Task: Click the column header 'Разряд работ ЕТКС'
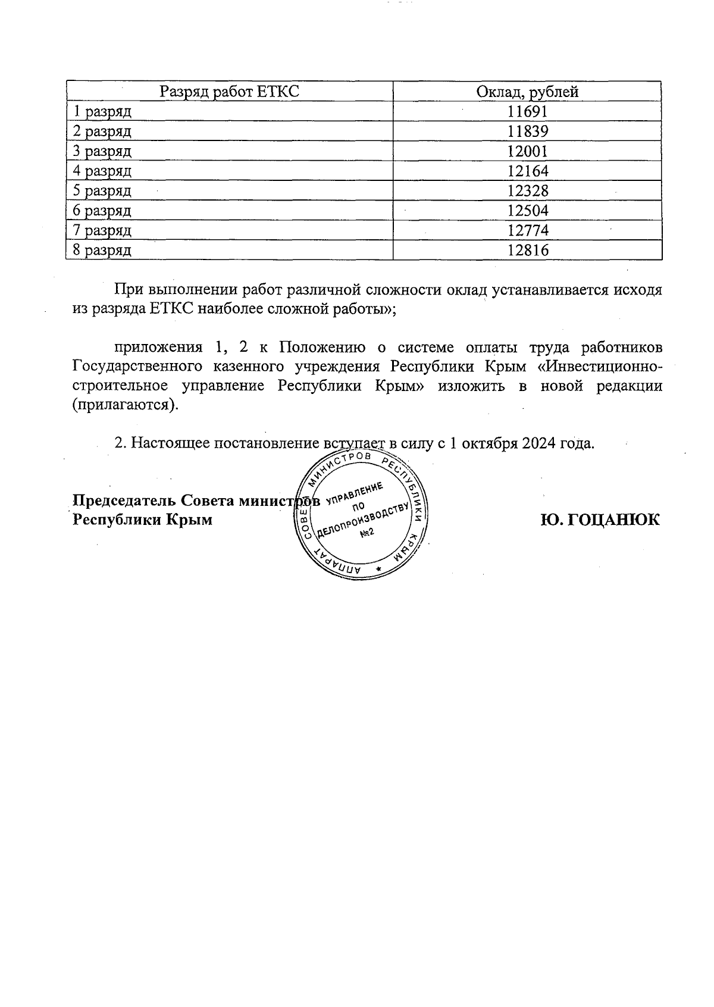coord(229,92)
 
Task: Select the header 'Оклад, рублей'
coord(527,92)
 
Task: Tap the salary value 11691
coord(527,111)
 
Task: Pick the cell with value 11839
coord(527,131)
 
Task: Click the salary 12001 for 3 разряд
coord(527,151)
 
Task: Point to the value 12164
coord(527,171)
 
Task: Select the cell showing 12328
coord(527,190)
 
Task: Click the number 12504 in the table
coord(527,211)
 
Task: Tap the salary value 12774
coord(527,230)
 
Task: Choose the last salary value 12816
coord(527,250)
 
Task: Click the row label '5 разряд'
coord(102,191)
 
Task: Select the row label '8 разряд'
coord(102,251)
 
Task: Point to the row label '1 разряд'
coord(102,111)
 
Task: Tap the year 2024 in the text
coord(540,443)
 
